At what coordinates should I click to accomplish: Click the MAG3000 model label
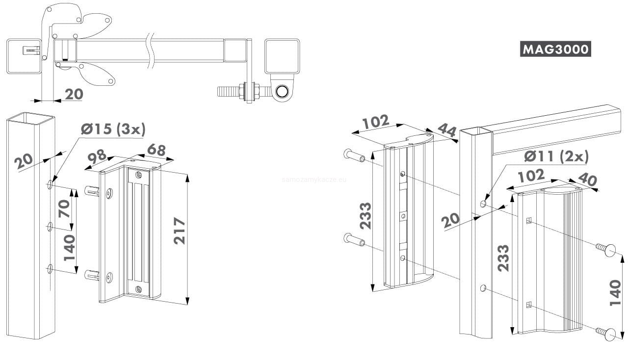[x=555, y=49]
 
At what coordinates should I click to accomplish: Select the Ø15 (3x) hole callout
[x=113, y=129]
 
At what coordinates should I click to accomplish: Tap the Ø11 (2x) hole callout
[x=556, y=156]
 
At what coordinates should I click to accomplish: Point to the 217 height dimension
[x=180, y=231]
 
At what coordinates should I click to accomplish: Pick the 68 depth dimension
[x=156, y=150]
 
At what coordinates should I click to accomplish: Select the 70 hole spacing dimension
[x=64, y=208]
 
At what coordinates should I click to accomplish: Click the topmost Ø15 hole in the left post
[x=50, y=184]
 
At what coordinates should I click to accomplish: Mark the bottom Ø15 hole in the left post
[x=50, y=268]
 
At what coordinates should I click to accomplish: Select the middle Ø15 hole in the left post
[x=50, y=227]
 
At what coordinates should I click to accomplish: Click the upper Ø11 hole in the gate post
[x=483, y=204]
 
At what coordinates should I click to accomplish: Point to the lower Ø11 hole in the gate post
[x=483, y=288]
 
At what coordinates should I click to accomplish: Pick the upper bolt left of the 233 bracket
[x=354, y=155]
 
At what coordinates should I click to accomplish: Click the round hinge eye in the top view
[x=282, y=91]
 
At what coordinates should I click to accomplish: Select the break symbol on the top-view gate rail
[x=151, y=51]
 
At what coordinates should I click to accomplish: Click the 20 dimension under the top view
[x=74, y=94]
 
